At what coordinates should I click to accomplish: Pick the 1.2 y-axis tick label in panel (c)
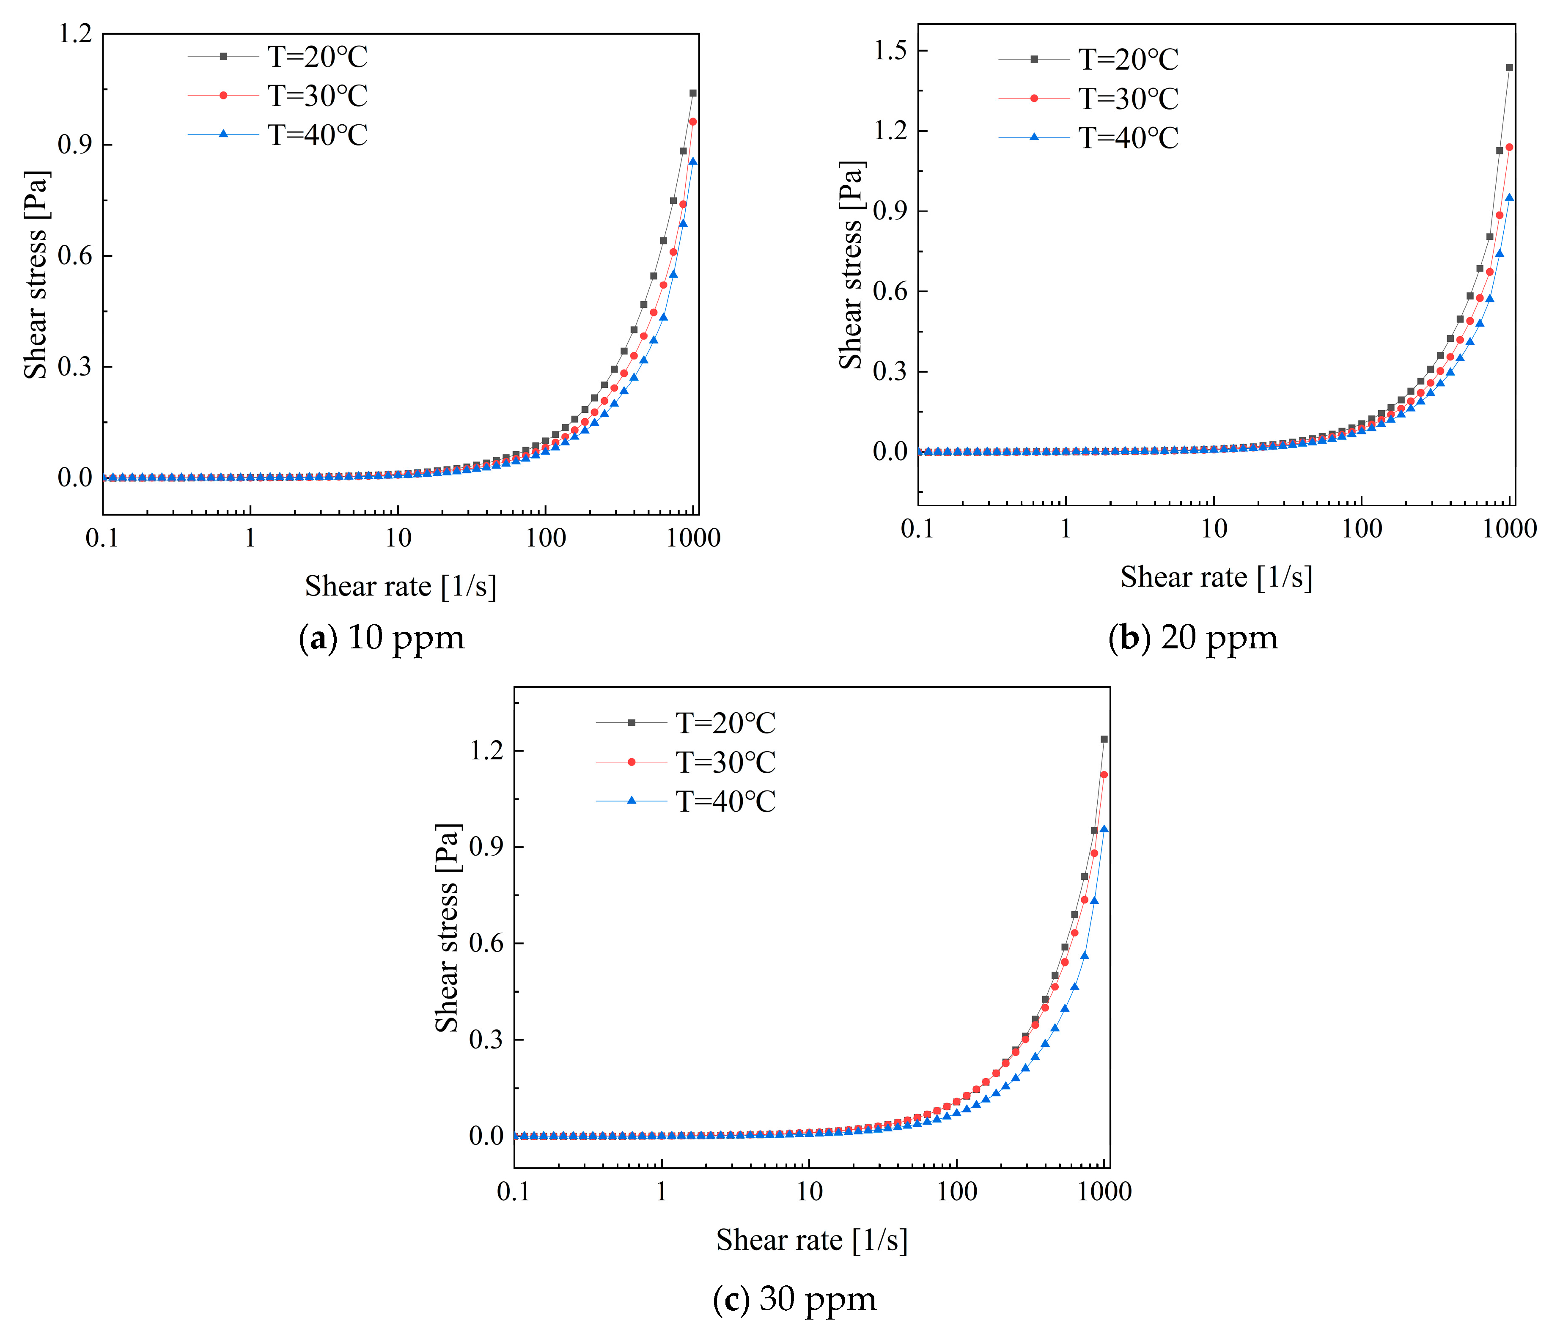click(486, 751)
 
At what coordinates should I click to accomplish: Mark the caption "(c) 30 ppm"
click(794, 1298)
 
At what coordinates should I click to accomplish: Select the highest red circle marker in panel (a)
click(693, 121)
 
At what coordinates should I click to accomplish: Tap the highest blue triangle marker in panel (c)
click(1104, 829)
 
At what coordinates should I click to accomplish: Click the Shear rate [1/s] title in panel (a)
click(401, 586)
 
